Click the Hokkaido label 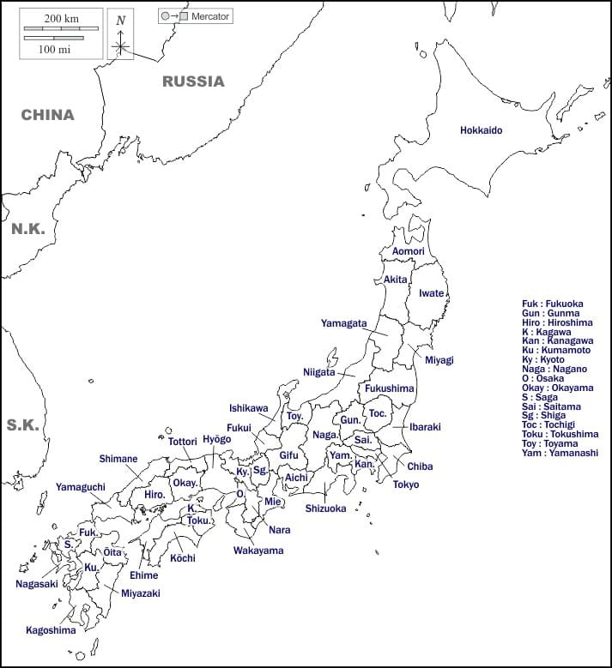[481, 130]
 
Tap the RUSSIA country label [193, 81]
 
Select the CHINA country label [47, 114]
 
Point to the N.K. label [27, 230]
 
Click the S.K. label [23, 424]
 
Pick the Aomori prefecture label [409, 251]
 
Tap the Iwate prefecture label [431, 293]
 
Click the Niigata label [318, 372]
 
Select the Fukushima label [389, 388]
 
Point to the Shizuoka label [325, 509]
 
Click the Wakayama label [258, 551]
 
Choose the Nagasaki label [36, 584]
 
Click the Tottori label [183, 442]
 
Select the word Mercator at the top [210, 16]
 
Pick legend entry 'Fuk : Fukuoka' [552, 304]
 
